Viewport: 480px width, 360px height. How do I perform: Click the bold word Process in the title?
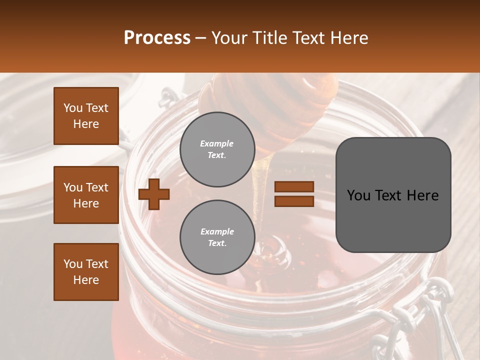pos(157,38)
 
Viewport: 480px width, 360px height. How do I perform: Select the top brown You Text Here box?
pos(86,116)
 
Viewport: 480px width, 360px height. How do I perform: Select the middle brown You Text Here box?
pos(86,195)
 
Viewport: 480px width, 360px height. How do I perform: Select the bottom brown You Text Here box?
pos(86,272)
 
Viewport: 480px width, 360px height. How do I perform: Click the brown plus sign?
pos(154,194)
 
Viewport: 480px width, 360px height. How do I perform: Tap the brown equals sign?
pos(294,194)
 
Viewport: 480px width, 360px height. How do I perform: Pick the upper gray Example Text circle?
pos(217,149)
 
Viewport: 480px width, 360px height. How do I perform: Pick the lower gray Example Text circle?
pos(217,237)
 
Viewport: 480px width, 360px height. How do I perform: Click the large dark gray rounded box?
pos(393,195)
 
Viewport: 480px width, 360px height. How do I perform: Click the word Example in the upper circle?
pos(217,143)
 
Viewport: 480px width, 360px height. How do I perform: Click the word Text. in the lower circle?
pos(217,243)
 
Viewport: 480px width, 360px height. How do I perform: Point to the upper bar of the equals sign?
pos(294,187)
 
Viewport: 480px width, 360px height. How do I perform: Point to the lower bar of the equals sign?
pos(294,201)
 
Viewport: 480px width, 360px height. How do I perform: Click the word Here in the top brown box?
pos(86,124)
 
